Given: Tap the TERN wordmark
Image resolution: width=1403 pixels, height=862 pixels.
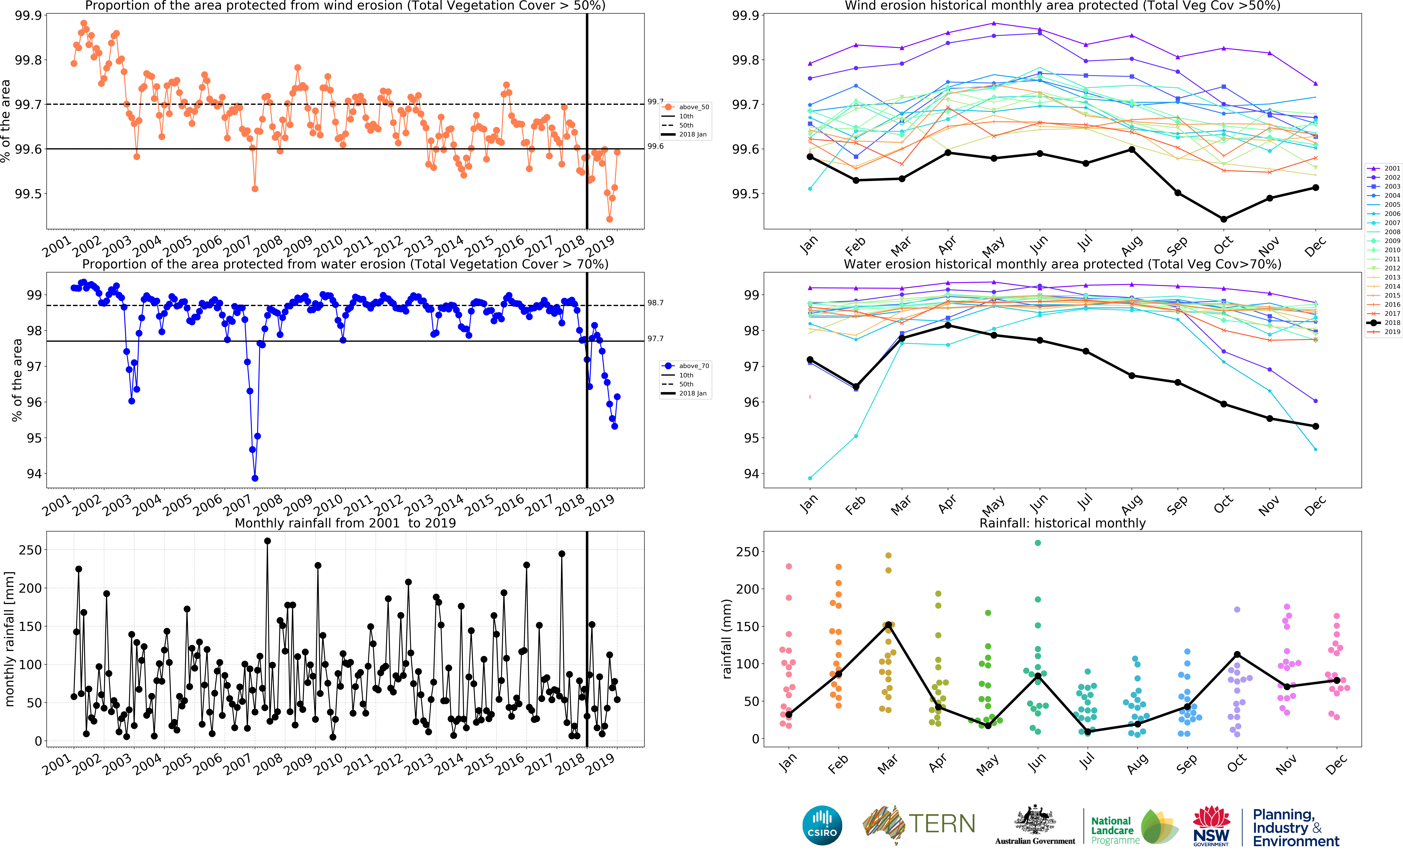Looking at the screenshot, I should [941, 824].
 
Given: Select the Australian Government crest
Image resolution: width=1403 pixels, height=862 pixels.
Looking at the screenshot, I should [1034, 821].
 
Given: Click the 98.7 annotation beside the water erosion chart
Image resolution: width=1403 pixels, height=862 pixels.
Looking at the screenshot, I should [655, 303].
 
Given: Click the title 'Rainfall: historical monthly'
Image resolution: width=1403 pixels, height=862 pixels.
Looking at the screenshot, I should [1062, 523].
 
